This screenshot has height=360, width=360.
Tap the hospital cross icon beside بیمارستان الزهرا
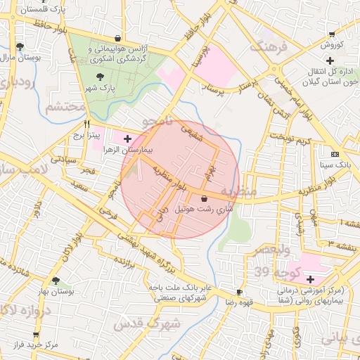[127, 139]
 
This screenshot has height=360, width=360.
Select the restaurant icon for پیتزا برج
[86, 122]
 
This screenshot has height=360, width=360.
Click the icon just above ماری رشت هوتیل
[204, 198]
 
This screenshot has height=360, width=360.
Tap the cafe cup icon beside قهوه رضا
[240, 292]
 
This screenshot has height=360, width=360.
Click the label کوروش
[331, 45]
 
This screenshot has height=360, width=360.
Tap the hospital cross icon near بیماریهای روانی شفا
[310, 279]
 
